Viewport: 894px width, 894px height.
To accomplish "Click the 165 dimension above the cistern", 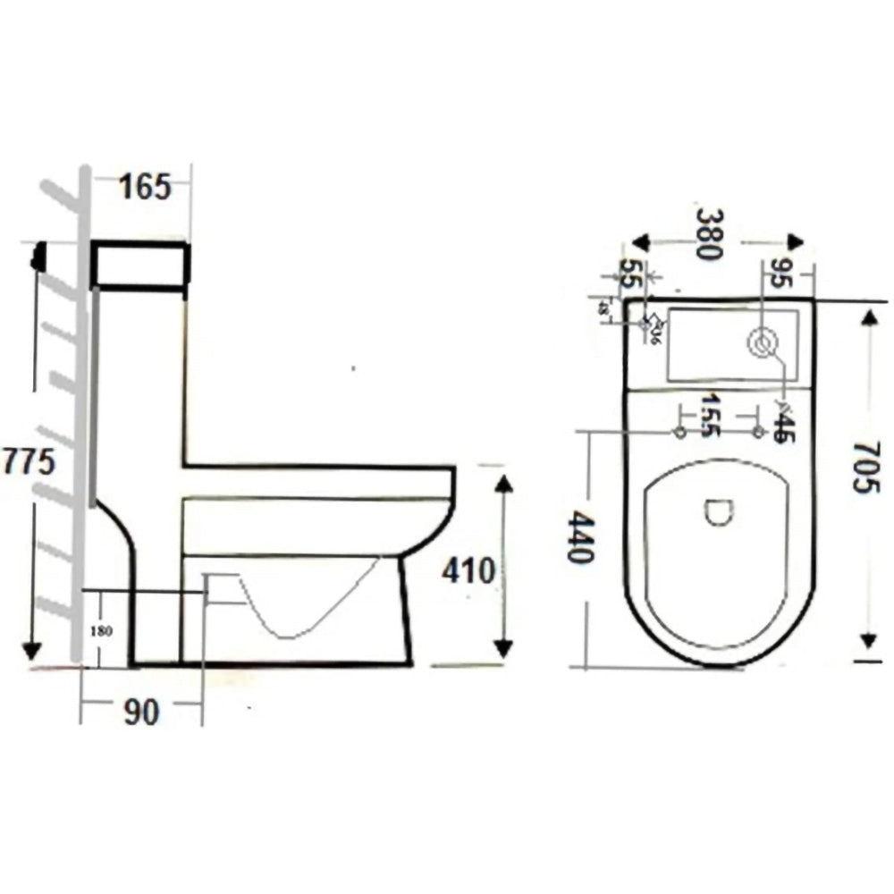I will point(144,189).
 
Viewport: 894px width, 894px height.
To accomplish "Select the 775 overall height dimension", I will point(29,462).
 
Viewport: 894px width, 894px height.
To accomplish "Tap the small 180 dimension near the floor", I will point(101,629).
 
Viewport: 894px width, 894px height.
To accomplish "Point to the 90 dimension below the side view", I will point(141,713).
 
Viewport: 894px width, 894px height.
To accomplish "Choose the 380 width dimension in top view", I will point(709,234).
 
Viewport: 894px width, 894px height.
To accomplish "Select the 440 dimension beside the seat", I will point(579,536).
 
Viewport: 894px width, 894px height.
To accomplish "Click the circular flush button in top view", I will point(763,342).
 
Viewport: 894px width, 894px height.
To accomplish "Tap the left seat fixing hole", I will point(679,434).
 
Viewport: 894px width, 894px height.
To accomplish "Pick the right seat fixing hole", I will point(758,434).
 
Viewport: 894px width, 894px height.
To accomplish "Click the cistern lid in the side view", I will point(140,265).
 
